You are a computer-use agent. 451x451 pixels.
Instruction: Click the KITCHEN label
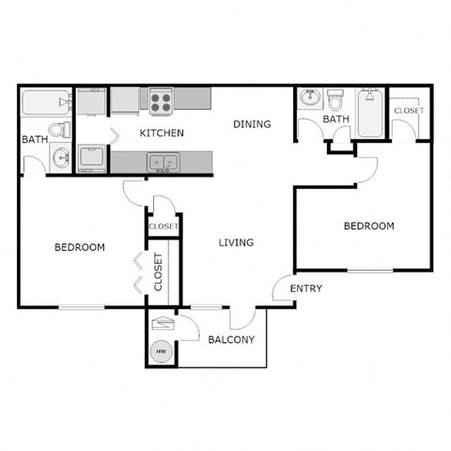click(x=162, y=133)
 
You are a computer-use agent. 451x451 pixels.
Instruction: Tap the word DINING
click(x=252, y=124)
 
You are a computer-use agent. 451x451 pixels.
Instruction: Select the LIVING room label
click(x=236, y=242)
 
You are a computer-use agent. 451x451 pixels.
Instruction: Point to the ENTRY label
click(x=305, y=288)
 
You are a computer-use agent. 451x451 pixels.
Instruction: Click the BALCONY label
click(x=231, y=339)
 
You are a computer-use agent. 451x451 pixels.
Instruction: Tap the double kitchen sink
click(x=163, y=162)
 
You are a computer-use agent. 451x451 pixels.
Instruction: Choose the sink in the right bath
click(x=312, y=98)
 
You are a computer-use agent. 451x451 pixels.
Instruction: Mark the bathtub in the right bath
click(x=370, y=112)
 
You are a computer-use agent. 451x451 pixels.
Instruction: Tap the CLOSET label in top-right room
click(x=409, y=111)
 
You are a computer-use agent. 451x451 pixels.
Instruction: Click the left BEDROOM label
click(x=79, y=247)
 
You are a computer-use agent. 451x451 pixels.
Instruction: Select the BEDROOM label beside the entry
click(x=368, y=225)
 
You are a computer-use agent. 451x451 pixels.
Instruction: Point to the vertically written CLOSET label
click(x=158, y=272)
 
